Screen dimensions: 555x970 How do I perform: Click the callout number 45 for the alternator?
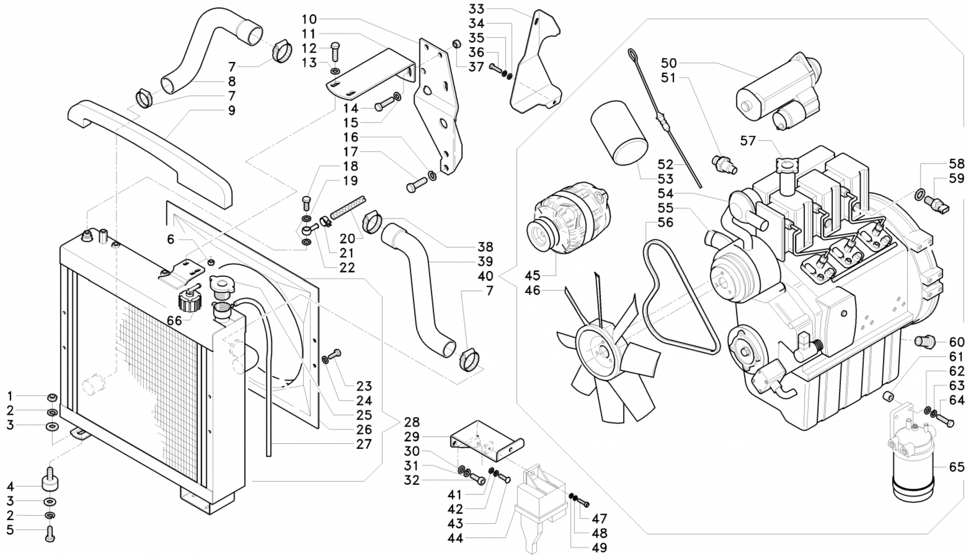[532, 275]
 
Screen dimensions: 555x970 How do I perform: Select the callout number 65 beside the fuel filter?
[956, 467]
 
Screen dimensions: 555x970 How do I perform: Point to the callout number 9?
[232, 110]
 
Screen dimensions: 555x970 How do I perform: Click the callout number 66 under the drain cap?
[174, 321]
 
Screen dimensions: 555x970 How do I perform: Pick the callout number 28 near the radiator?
[412, 422]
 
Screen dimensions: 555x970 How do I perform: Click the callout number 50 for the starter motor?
[668, 63]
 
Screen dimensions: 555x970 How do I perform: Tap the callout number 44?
[455, 538]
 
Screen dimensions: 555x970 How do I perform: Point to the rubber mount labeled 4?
[50, 482]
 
